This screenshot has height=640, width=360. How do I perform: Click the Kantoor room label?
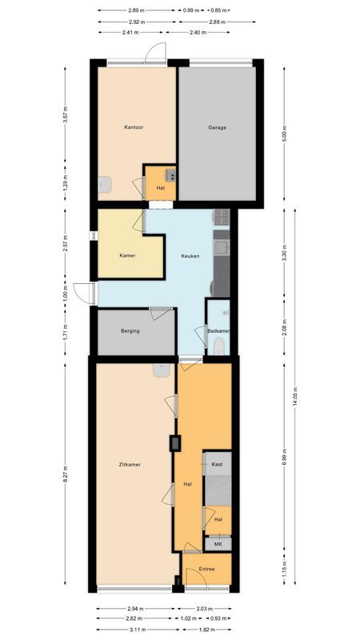point(133,127)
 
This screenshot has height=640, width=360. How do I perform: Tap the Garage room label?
point(217,127)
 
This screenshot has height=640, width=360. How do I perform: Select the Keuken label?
point(190,256)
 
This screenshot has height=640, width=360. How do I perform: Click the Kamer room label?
point(126,256)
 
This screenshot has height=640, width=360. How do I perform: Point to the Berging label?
point(130,330)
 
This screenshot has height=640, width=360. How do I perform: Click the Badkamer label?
point(218,330)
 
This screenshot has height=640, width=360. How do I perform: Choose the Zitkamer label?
point(130,465)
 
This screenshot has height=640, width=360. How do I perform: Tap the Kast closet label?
point(217,465)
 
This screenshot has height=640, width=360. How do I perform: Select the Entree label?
point(206,569)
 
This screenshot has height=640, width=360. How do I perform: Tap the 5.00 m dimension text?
point(284,136)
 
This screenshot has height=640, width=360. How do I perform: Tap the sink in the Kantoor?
point(105,185)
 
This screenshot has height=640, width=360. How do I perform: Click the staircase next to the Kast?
point(218,489)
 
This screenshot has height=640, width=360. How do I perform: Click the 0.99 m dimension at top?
point(190,10)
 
